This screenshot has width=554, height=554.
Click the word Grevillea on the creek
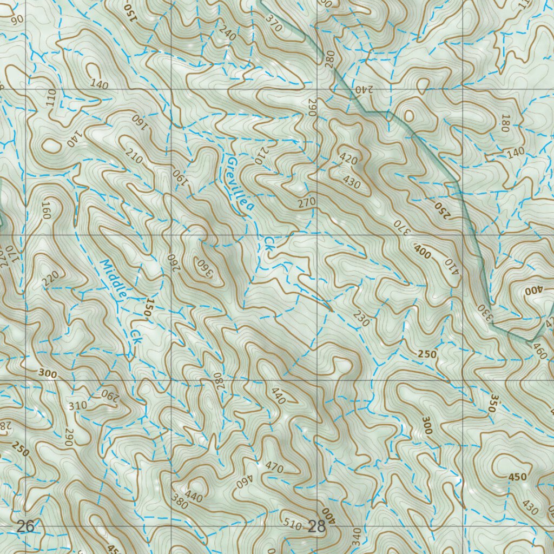[x=240, y=185]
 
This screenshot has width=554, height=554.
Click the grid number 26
[x=25, y=525]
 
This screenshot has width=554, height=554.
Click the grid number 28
[x=316, y=526]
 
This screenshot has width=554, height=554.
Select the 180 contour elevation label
[x=506, y=123]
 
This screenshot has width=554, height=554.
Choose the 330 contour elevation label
[x=484, y=313]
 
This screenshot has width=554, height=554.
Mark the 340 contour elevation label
[x=355, y=537]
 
